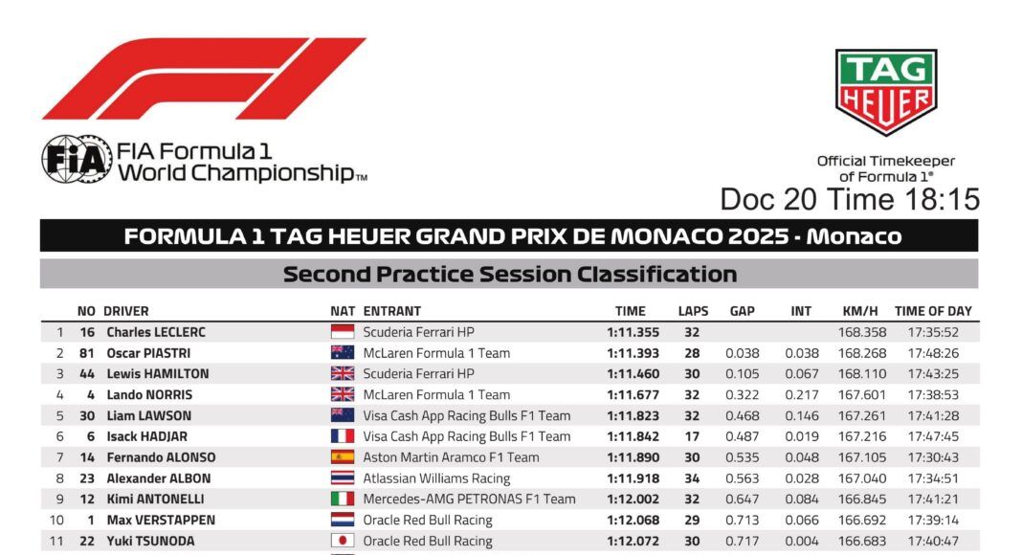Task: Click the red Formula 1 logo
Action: [204, 78]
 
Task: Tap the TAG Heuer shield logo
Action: [886, 92]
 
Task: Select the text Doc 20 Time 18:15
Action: [850, 199]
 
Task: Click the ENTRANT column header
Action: [391, 311]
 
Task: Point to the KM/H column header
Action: [860, 311]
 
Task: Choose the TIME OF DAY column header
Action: [933, 311]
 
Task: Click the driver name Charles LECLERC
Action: [156, 332]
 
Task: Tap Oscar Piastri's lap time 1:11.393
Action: [633, 353]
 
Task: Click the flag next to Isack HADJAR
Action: [343, 436]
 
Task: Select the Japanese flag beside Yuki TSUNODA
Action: [343, 541]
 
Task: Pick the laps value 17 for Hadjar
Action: [692, 436]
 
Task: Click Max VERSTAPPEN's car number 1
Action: [91, 520]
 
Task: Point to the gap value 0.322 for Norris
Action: [743, 395]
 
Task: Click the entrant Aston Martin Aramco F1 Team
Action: [451, 457]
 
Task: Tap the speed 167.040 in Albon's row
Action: [862, 478]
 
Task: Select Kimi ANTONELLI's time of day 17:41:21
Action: [933, 499]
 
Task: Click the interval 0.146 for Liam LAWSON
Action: [802, 415]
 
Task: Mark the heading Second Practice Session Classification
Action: [510, 275]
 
